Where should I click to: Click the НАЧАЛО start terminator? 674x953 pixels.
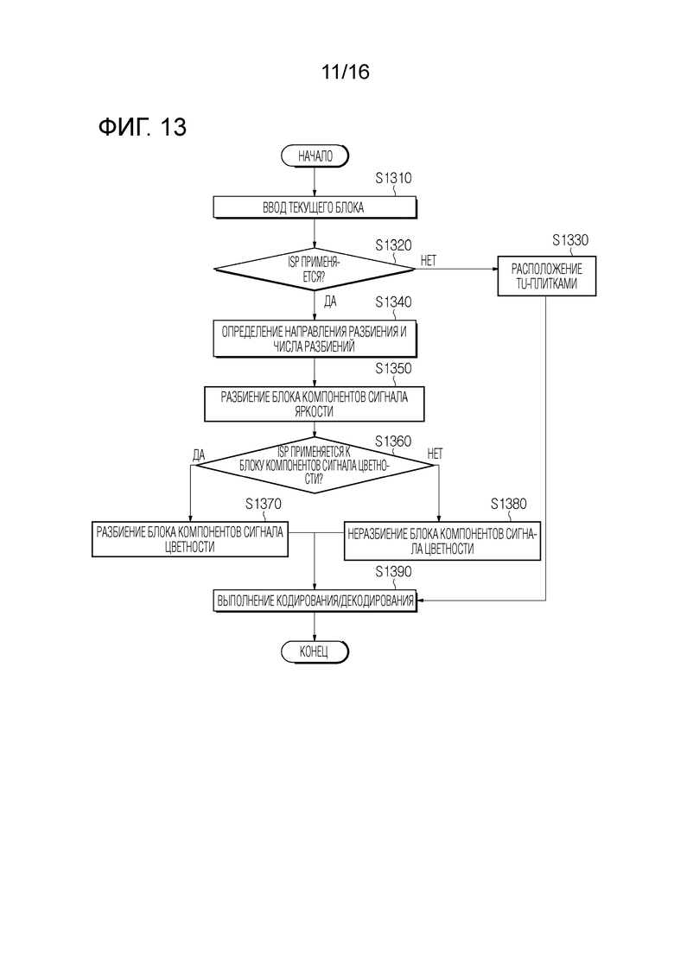(x=315, y=156)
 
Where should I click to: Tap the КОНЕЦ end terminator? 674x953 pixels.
(x=315, y=651)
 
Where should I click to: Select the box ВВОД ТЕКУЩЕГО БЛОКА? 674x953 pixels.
(x=315, y=207)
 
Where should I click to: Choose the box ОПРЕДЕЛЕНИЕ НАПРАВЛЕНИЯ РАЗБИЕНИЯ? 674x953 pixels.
(x=315, y=339)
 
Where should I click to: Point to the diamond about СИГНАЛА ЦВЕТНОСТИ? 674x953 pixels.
(x=315, y=465)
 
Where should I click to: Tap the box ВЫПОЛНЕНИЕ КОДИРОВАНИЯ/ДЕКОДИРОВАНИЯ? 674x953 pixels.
(x=315, y=600)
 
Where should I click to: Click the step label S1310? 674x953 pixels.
(x=393, y=179)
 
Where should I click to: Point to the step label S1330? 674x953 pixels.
(x=570, y=239)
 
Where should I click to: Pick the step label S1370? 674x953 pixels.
(x=263, y=504)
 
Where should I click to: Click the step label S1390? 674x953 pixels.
(x=393, y=572)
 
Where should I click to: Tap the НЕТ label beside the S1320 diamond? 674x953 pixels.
(x=429, y=260)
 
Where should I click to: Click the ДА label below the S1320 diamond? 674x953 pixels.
(x=329, y=301)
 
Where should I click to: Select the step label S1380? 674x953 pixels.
(x=508, y=504)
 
